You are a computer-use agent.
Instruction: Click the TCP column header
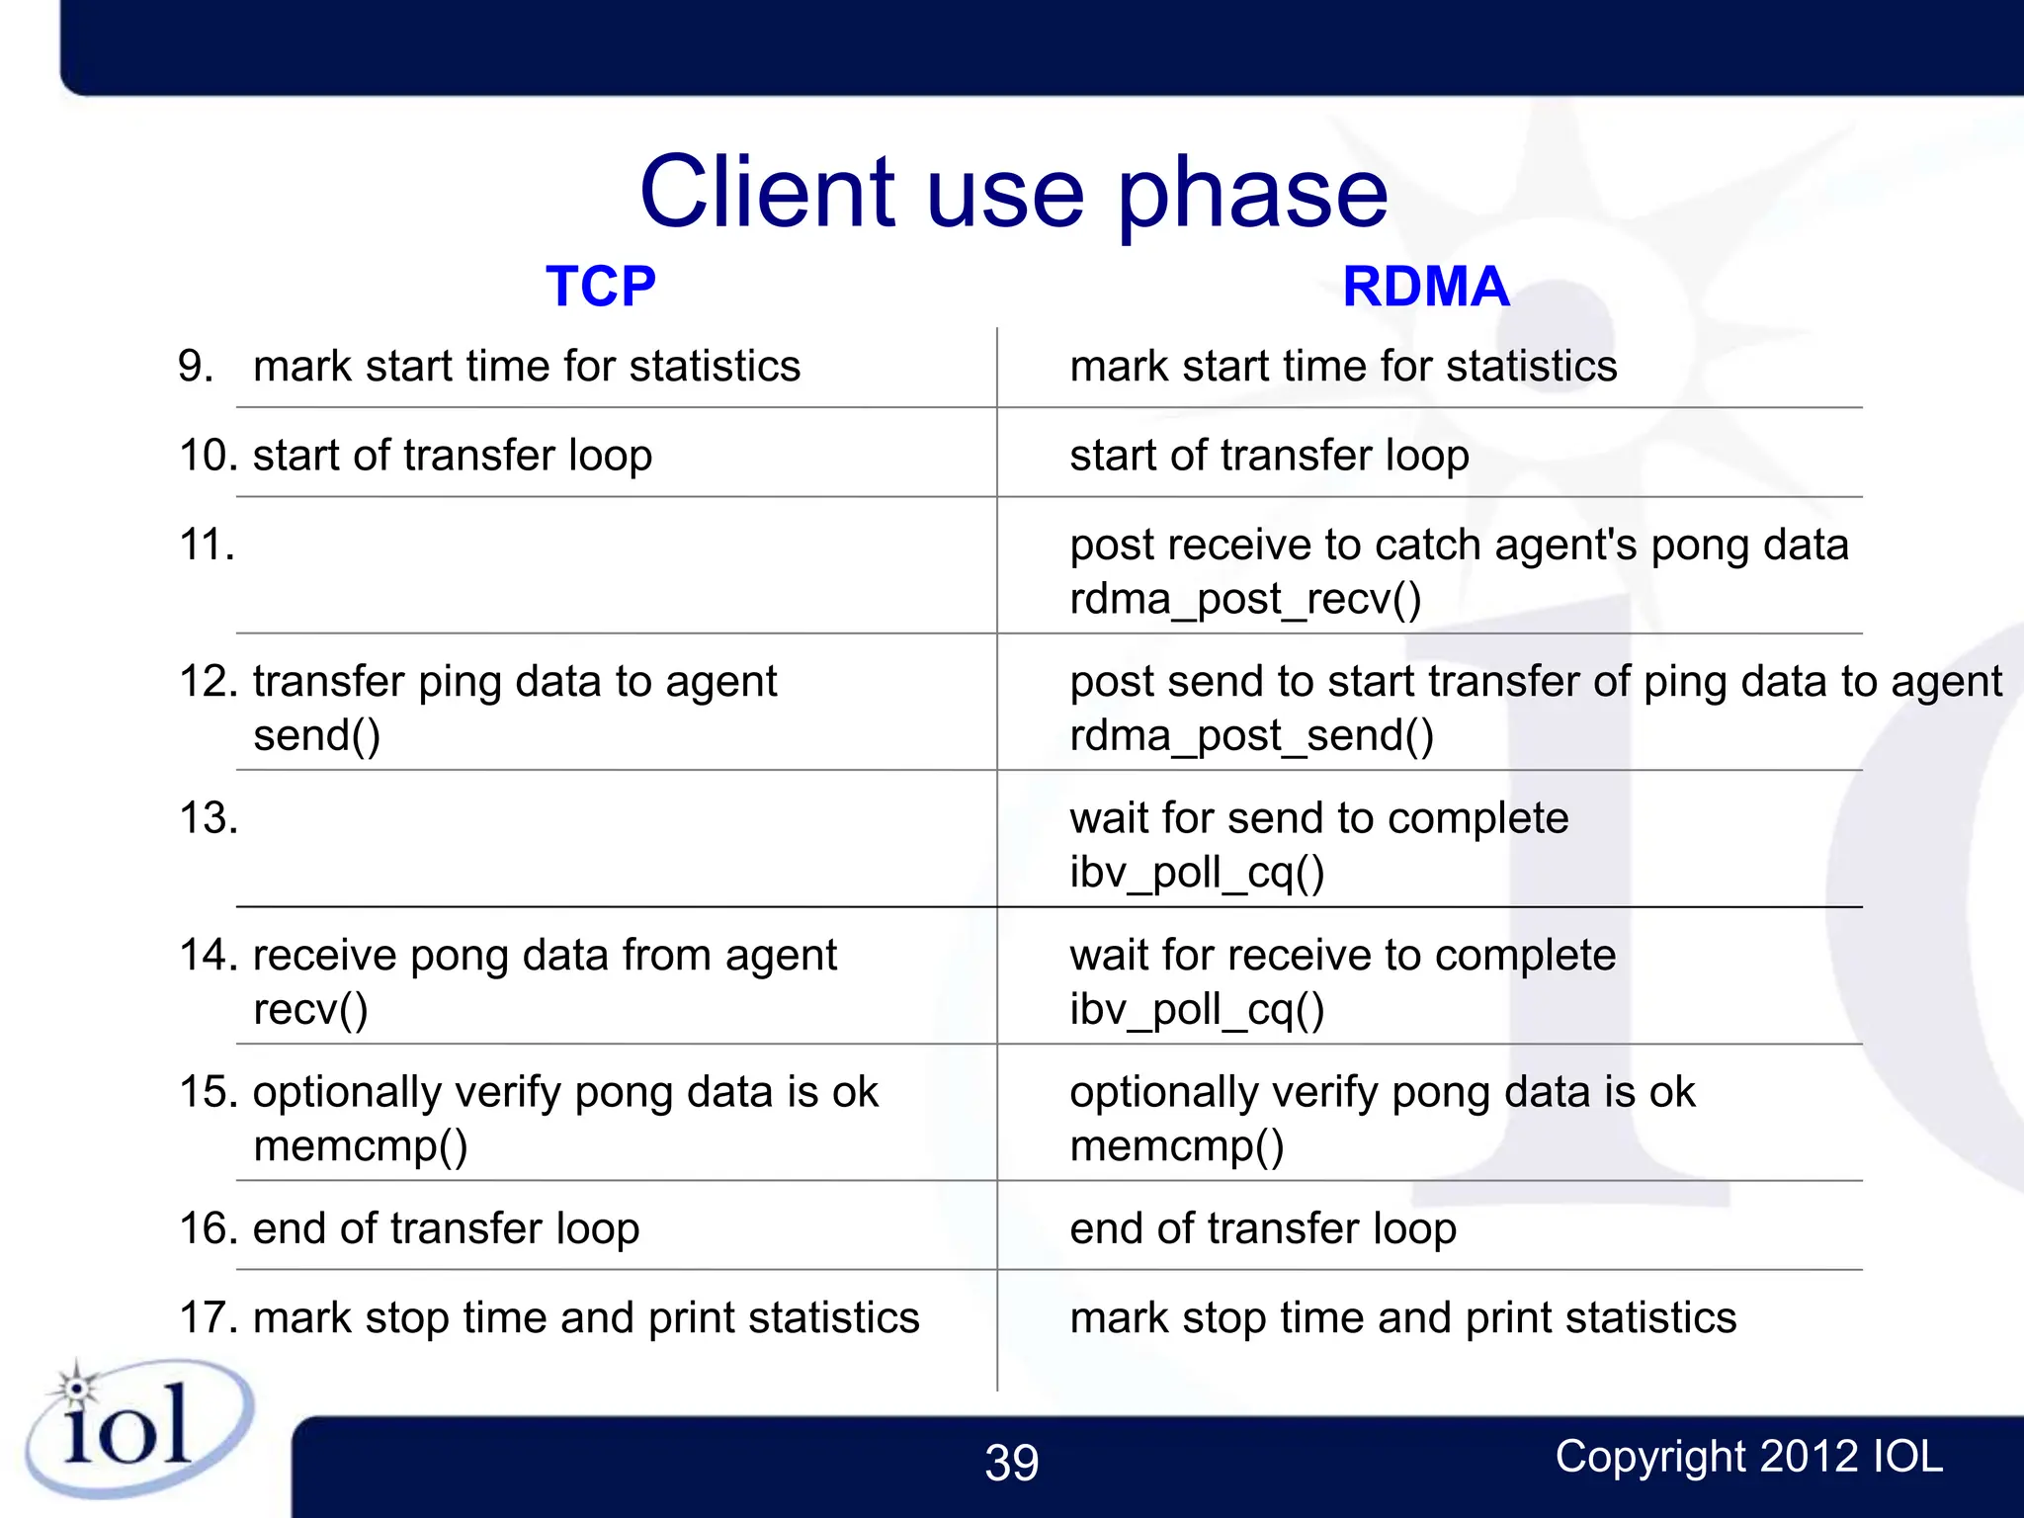pos(600,287)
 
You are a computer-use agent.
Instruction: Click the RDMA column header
pos(1425,287)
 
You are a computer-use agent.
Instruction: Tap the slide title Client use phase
pos(1013,192)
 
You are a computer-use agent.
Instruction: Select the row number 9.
pos(196,367)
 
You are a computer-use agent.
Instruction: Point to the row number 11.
pos(207,545)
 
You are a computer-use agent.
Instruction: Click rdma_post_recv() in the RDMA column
pos(1245,599)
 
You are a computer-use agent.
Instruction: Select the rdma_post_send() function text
pos(1251,735)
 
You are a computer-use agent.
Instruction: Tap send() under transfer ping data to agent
pos(316,735)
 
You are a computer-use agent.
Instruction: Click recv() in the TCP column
pos(310,1009)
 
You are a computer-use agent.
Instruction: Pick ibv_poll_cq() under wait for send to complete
pos(1197,873)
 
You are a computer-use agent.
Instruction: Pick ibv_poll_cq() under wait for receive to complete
pos(1197,1009)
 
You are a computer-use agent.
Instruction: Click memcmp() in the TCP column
pos(360,1146)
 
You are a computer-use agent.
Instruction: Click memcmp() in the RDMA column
pos(1176,1146)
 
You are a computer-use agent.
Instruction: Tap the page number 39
pos(1011,1463)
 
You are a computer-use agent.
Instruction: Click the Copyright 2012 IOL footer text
pos(1748,1457)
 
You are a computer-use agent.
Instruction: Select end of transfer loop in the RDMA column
pos(1262,1228)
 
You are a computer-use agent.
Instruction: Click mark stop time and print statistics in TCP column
pos(585,1318)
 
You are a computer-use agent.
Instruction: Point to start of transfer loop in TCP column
pos(452,456)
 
